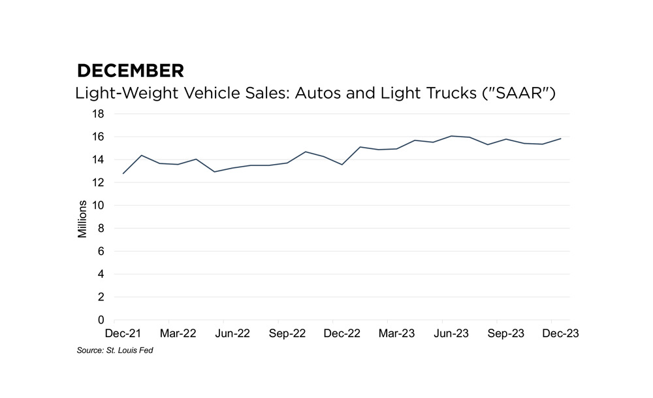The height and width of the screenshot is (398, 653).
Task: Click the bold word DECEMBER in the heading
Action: click(x=130, y=71)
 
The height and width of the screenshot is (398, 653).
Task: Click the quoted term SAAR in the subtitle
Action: click(x=519, y=93)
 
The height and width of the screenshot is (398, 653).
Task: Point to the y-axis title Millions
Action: click(x=82, y=216)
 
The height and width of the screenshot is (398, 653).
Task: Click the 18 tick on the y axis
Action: click(x=99, y=114)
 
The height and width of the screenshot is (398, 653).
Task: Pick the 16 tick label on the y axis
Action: click(x=99, y=137)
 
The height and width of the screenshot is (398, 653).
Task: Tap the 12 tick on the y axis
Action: click(x=99, y=182)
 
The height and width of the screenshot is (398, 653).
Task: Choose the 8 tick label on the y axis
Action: click(x=101, y=228)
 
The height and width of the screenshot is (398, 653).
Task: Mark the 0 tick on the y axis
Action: click(x=101, y=320)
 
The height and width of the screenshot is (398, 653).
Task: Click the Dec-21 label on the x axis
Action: click(x=114, y=333)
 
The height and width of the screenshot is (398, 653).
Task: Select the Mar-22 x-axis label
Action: click(x=169, y=333)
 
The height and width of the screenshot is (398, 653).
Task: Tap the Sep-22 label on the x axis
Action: click(x=279, y=333)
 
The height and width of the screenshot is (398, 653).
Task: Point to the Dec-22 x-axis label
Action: click(x=333, y=333)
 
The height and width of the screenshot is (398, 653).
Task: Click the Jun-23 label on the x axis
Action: click(x=443, y=333)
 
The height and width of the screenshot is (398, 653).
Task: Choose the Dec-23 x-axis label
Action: click(x=552, y=333)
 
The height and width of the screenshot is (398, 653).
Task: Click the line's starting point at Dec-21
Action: click(x=123, y=173)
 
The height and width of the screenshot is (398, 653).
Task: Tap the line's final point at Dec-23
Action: click(x=561, y=139)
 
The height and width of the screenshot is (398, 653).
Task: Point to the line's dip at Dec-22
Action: click(x=342, y=164)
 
